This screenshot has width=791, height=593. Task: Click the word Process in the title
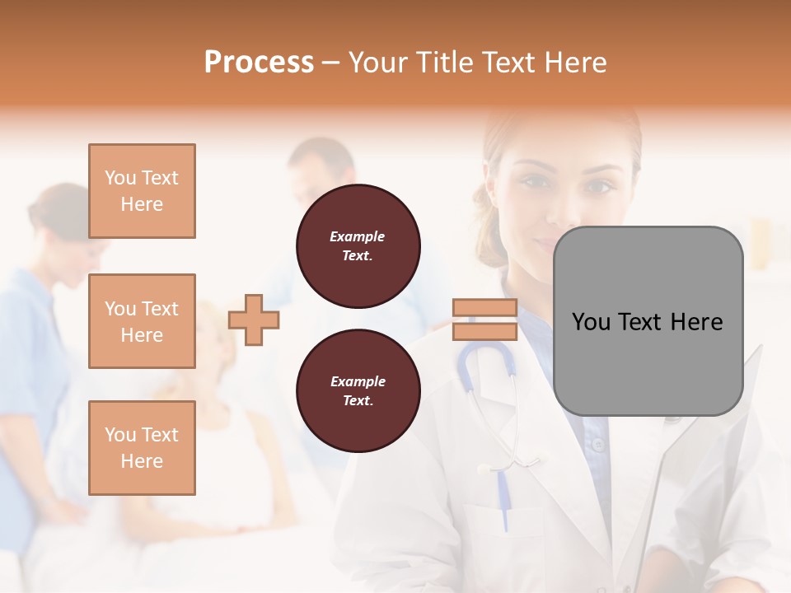pos(259,63)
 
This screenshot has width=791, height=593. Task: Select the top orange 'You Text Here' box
pos(142,191)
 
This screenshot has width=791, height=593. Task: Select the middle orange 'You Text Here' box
pos(142,321)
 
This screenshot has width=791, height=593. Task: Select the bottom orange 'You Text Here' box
pos(142,448)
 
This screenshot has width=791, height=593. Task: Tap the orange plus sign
pos(254,320)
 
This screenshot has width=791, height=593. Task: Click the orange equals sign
pos(484,320)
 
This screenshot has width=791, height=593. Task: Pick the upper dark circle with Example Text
pos(358,245)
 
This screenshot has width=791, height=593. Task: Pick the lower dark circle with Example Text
pos(358,390)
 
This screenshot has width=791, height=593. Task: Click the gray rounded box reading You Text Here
pos(648,321)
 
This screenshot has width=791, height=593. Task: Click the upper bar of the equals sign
pos(484,308)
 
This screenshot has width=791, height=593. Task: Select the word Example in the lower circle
pos(358,381)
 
